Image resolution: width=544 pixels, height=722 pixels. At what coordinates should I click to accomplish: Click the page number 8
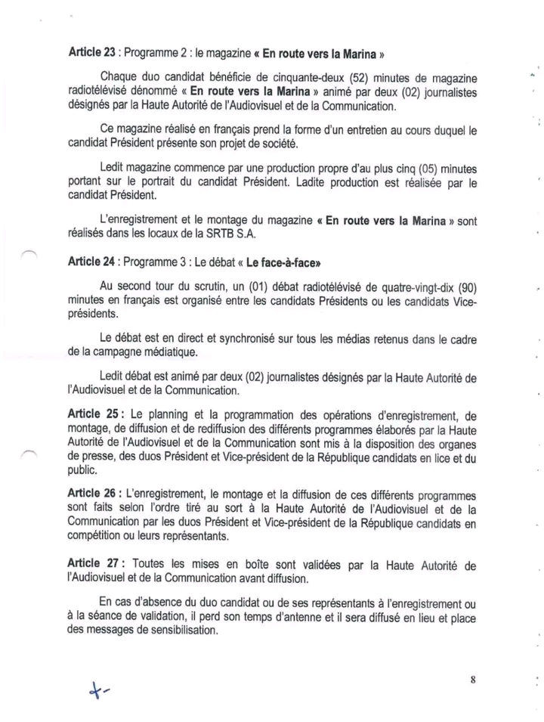click(x=473, y=678)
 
